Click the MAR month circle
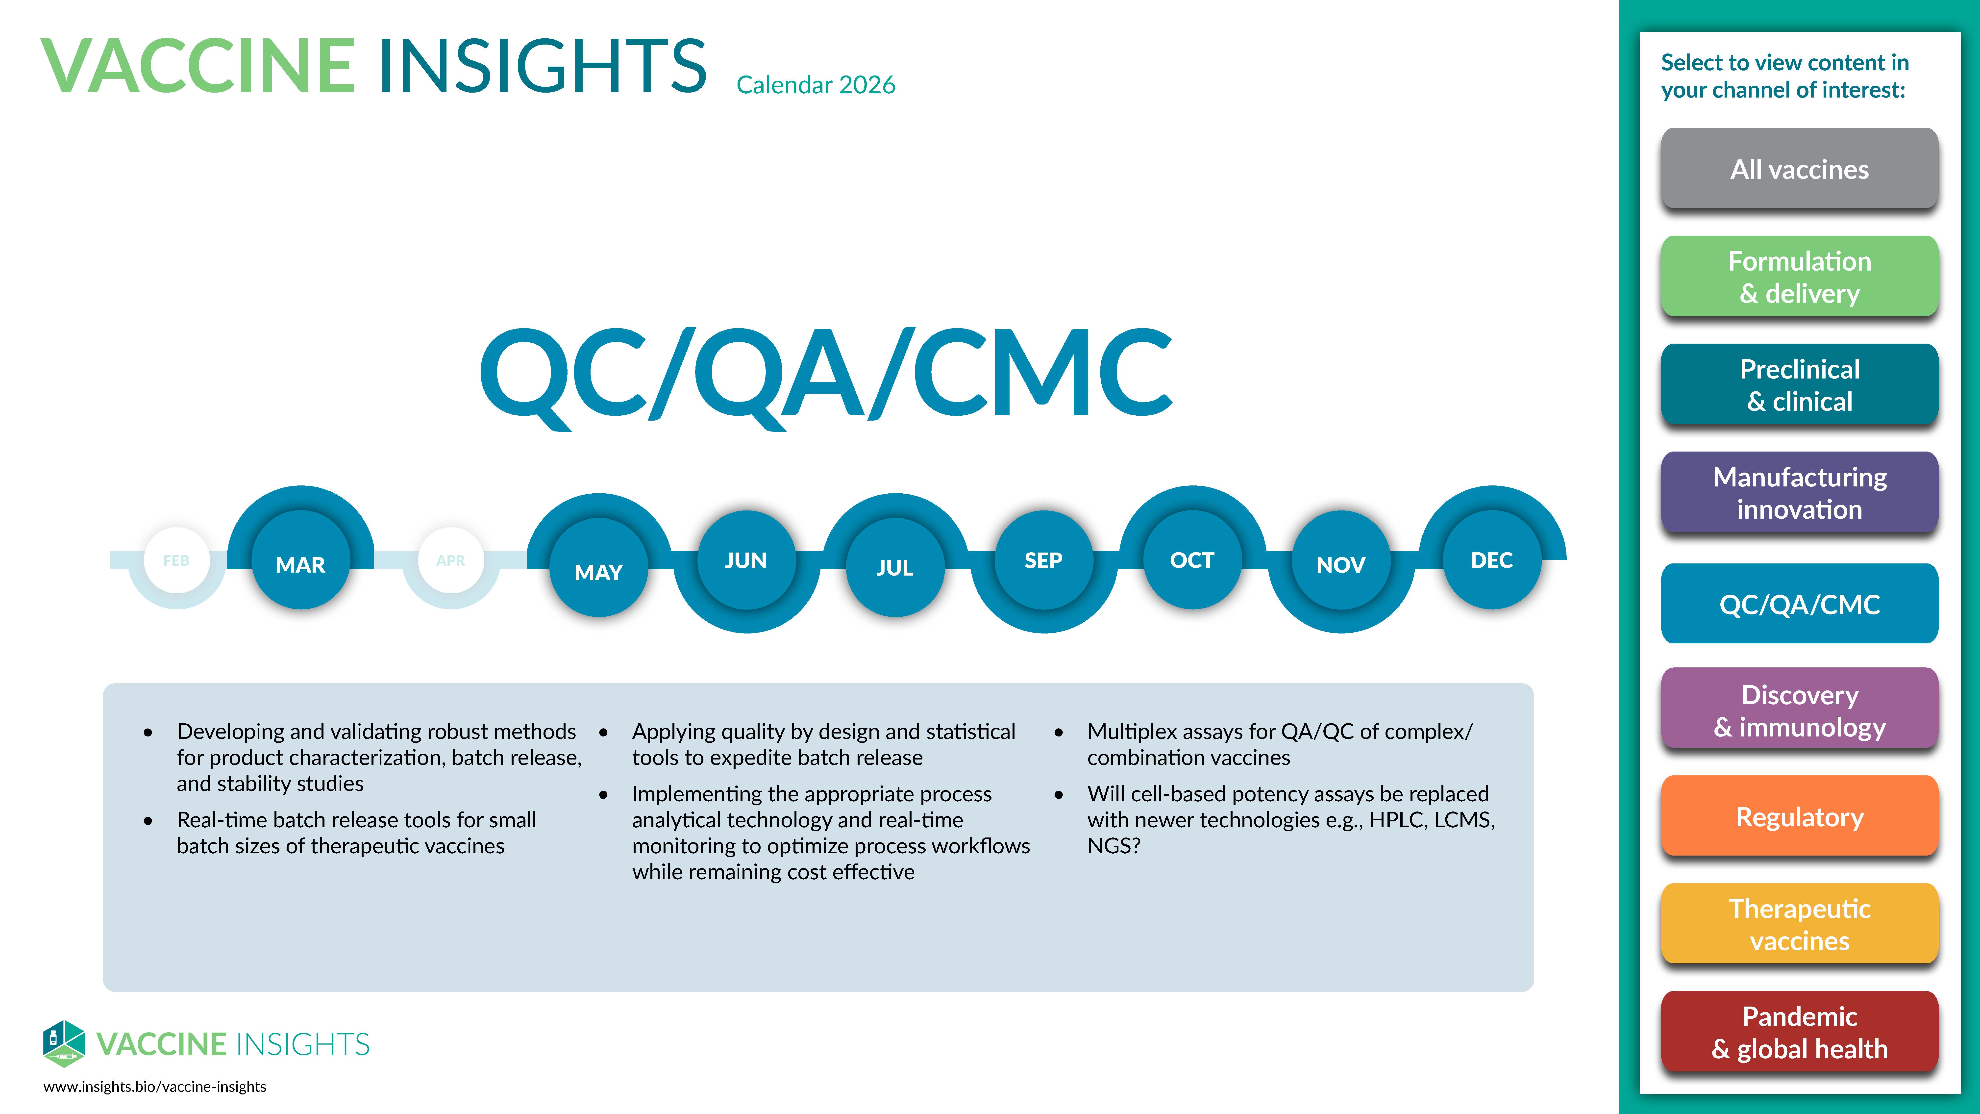(300, 563)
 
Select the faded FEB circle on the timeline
(177, 560)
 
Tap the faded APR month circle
(451, 560)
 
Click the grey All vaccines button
(1799, 168)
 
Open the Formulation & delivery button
(1799, 277)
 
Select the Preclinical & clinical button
(1799, 384)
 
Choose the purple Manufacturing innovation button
(1799, 493)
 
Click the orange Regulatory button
(1799, 816)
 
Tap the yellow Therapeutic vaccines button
(1799, 924)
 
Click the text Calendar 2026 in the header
(816, 85)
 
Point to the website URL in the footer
(154, 1086)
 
